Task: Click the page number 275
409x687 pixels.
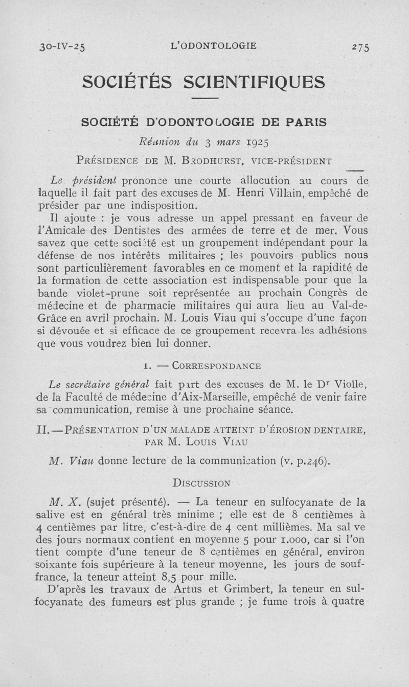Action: pos(360,47)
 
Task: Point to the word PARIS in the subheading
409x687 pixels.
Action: pos(304,123)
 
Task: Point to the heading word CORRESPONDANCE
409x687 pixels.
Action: pos(217,366)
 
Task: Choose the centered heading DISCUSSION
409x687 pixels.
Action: pos(201,482)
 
